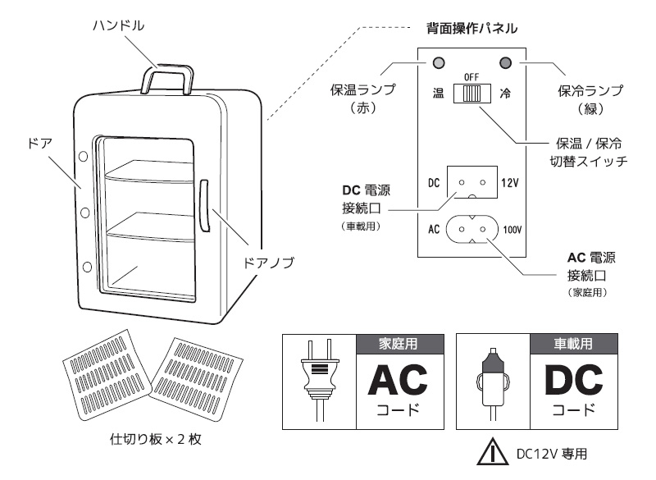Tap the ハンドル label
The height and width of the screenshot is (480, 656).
pyautogui.click(x=118, y=25)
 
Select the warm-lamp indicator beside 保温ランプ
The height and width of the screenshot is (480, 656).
pyautogui.click(x=439, y=63)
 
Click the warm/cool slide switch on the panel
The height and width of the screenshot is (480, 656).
pyautogui.click(x=471, y=94)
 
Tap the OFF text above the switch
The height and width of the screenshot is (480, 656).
pyautogui.click(x=471, y=76)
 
